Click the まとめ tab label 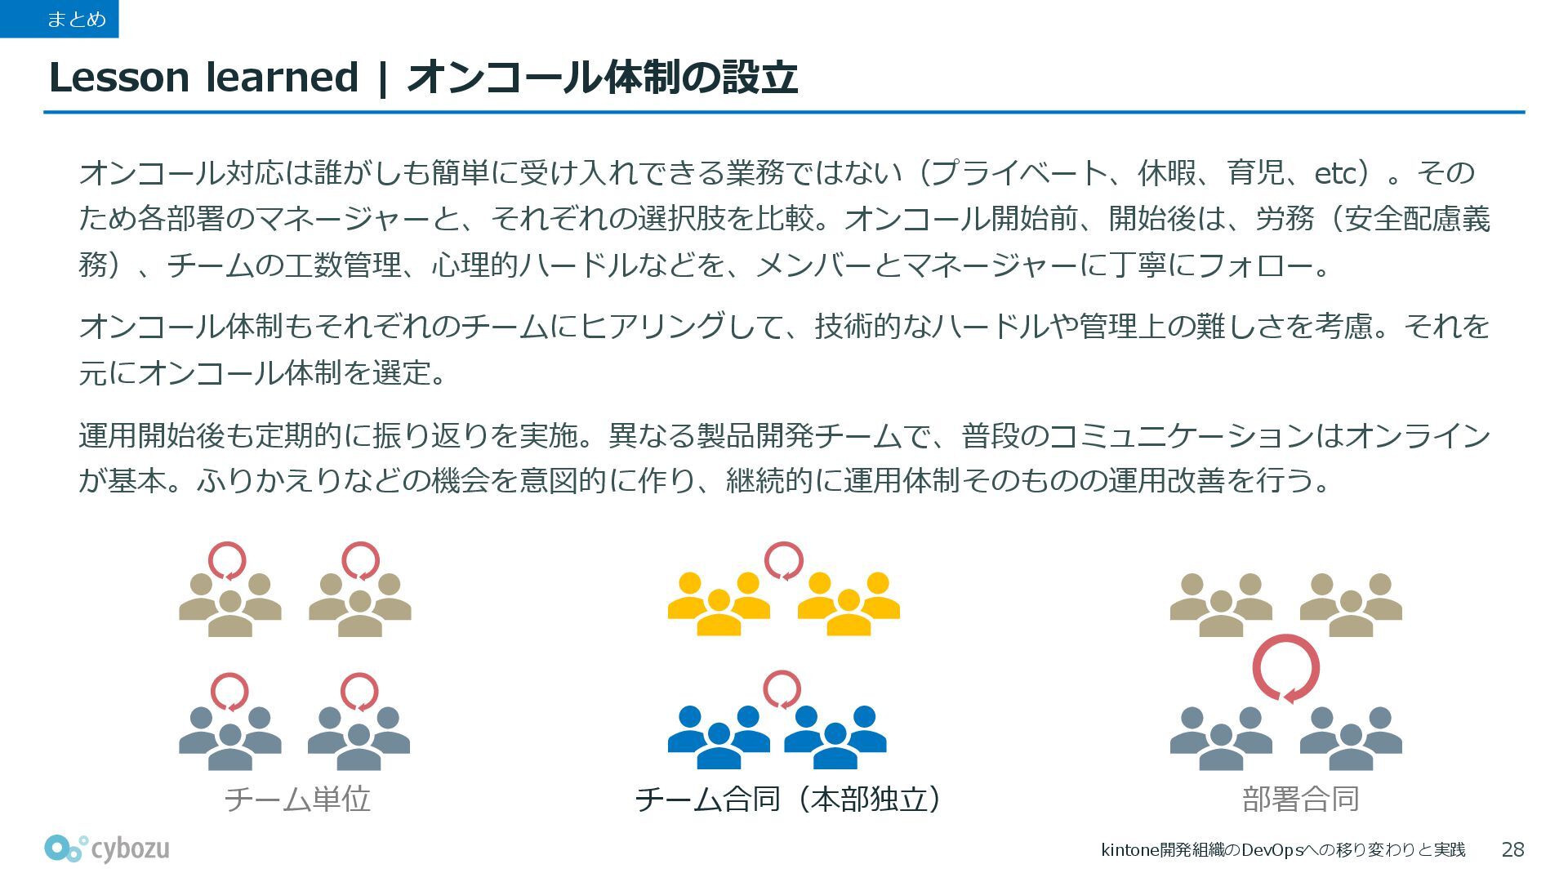pos(76,19)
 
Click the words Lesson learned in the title pos(203,78)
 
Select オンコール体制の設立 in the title pos(602,78)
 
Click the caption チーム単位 pos(297,799)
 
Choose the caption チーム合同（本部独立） pos(788,799)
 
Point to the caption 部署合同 pos(1300,799)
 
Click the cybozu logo pos(107,849)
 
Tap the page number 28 pos(1512,850)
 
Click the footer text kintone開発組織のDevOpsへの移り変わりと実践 pos(1283,850)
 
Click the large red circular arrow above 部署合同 pos(1286,668)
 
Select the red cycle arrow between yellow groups pos(784,561)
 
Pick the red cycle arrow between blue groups pos(782,690)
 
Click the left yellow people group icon pos(719,604)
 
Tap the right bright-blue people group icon pos(835,737)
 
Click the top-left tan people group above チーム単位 pos(230,605)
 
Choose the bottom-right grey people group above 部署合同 pos(1351,738)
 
